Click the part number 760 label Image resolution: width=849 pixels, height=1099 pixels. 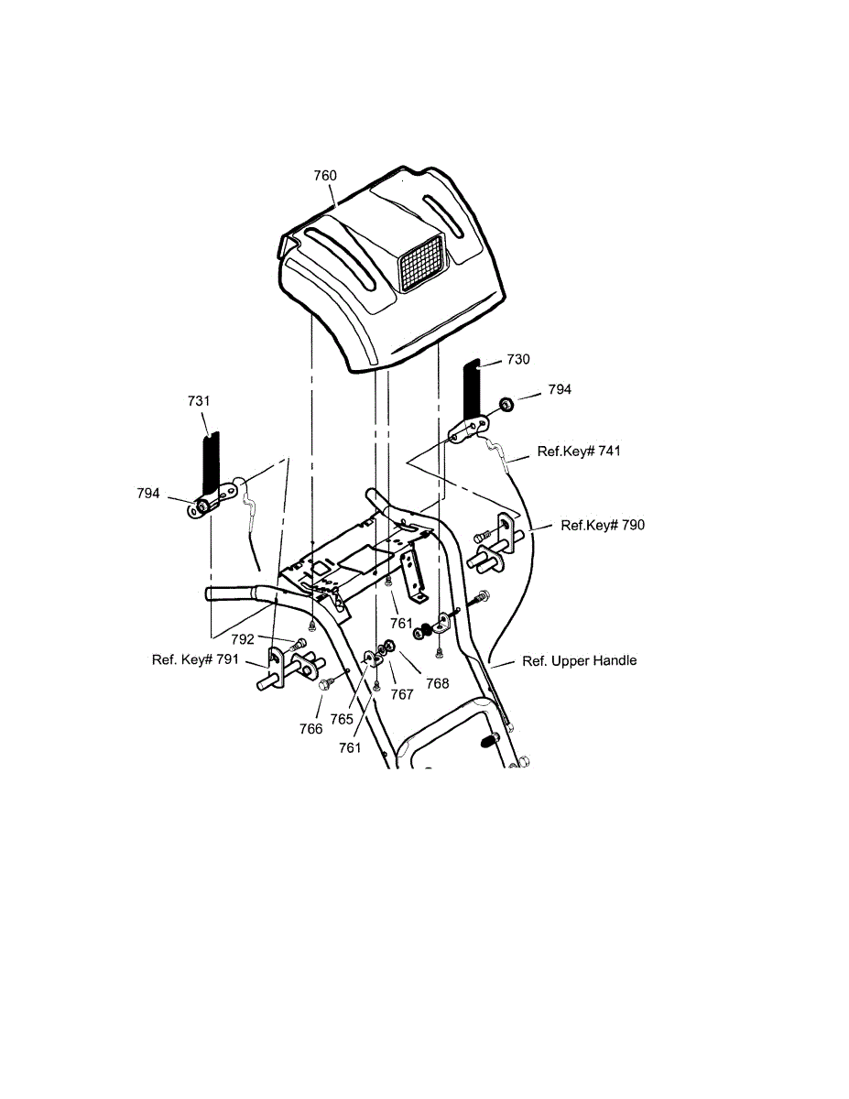tap(325, 176)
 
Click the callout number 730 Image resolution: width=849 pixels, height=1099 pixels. tap(518, 360)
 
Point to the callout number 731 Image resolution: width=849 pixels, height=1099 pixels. tap(199, 401)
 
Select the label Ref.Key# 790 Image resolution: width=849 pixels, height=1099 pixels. tap(602, 525)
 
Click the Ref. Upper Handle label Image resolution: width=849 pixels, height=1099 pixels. tap(579, 660)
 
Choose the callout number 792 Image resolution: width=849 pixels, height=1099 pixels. tap(243, 639)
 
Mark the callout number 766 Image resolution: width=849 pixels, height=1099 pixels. tap(310, 728)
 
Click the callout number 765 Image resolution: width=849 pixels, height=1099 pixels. tap(342, 719)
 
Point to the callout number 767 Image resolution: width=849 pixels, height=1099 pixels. tap(401, 694)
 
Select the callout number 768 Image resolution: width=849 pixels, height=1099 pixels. tap(437, 682)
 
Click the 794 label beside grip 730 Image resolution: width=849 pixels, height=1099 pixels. tap(560, 389)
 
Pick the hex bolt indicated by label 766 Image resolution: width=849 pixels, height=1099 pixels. tap(326, 683)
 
